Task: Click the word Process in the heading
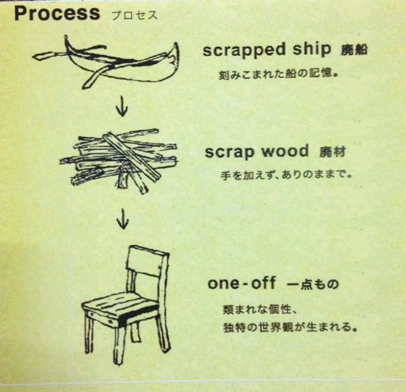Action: (57, 13)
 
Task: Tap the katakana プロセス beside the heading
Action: (134, 15)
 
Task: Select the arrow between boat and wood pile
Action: (122, 106)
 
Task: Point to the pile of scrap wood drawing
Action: (119, 161)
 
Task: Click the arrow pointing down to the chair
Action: (122, 219)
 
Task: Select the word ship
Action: (311, 49)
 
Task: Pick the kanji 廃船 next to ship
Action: (354, 49)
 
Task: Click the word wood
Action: (285, 151)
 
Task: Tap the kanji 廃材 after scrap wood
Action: (332, 152)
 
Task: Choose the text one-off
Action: (242, 283)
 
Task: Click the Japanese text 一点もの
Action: (313, 284)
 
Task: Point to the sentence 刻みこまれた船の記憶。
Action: (278, 75)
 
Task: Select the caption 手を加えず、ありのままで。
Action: (286, 175)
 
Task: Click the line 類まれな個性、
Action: (259, 309)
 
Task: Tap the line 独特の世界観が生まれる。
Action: (291, 327)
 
